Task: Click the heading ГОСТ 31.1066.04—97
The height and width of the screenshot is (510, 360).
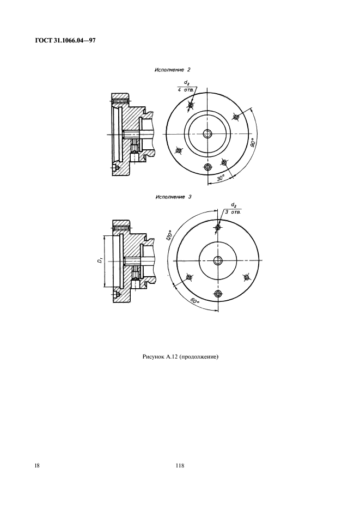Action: pos(65,41)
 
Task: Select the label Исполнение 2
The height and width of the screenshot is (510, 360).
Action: pos(173,70)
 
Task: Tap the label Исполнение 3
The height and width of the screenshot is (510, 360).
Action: pos(174,197)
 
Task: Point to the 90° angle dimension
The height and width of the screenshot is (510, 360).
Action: pos(253,143)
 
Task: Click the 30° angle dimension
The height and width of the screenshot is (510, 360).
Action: pos(221,178)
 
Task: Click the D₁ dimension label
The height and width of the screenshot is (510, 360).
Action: pos(101,260)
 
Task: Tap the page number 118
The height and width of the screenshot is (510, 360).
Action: pos(180,466)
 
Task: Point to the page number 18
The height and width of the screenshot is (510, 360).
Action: pos(38,466)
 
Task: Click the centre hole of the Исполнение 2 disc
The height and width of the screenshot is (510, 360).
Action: pos(207,133)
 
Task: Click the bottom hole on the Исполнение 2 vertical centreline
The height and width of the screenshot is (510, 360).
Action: pos(208,167)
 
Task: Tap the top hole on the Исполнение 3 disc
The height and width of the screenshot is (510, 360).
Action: pos(218,227)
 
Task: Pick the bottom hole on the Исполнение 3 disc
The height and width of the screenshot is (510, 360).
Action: pos(218,294)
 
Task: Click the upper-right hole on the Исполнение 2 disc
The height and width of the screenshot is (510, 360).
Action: pos(236,117)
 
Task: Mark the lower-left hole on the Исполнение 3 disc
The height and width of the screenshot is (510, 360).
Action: pos(188,277)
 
